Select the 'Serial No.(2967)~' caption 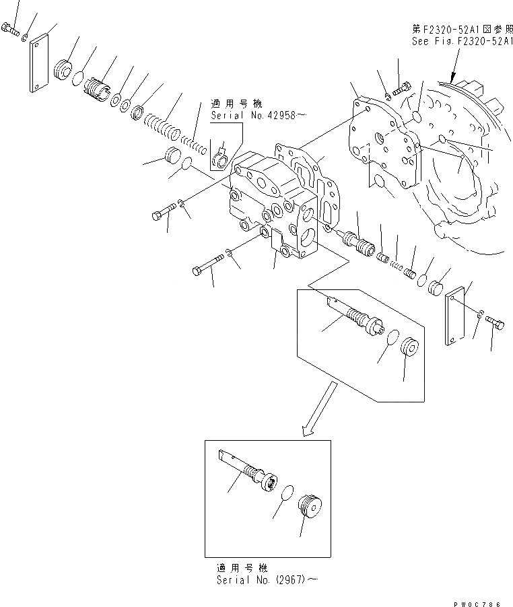click(265, 578)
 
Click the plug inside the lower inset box click(310, 505)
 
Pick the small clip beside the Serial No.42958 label click(220, 158)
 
